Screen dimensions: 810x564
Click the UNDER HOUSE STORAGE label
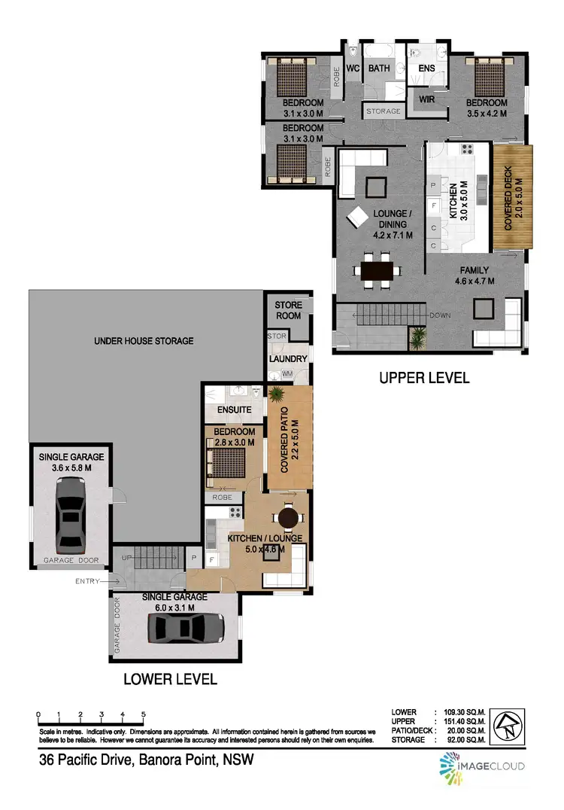144,341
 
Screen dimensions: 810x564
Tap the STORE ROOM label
288,310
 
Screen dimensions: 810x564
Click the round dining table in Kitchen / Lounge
288,518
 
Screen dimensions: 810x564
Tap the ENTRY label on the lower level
88,580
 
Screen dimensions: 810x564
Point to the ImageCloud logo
481,766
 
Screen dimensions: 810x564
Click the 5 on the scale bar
143,714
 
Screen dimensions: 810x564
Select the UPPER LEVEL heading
423,378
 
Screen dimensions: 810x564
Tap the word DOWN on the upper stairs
441,315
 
